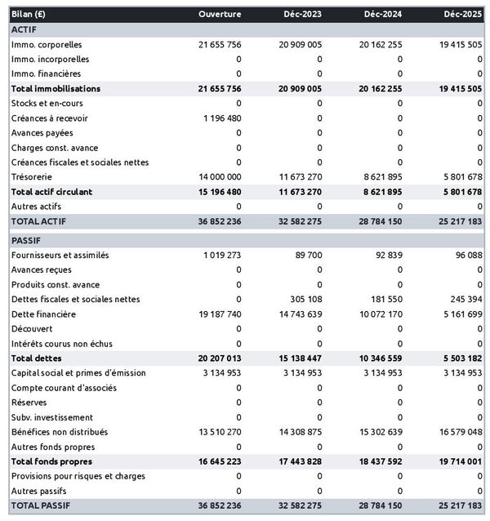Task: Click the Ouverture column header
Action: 220,14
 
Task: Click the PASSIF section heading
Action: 26,241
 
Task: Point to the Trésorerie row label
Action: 33,176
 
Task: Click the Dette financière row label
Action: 43,314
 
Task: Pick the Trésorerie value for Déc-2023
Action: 300,176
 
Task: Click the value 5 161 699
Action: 461,314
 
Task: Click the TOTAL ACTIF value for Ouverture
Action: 219,221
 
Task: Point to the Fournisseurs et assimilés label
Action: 60,255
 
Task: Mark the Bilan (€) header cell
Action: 29,14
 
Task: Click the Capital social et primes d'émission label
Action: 78,372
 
